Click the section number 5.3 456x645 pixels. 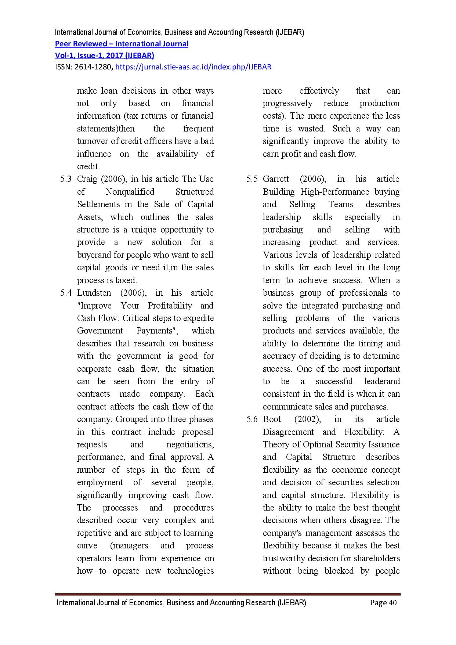pyautogui.click(x=66, y=179)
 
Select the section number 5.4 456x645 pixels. pyautogui.click(x=66, y=293)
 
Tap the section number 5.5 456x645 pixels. pyautogui.click(x=252, y=179)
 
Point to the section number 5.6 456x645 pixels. pyautogui.click(x=252, y=419)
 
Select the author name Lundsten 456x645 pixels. pyautogui.click(x=94, y=293)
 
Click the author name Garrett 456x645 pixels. pyautogui.click(x=276, y=179)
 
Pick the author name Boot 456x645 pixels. pyautogui.click(x=272, y=419)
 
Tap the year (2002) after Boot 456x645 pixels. pyautogui.click(x=308, y=419)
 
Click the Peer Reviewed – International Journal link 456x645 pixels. pyautogui.click(x=122, y=44)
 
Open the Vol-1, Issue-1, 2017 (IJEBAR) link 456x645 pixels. pyautogui.click(x=104, y=56)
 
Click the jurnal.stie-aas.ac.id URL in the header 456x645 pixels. pyautogui.click(x=193, y=67)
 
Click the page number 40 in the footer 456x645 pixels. pyautogui.click(x=392, y=603)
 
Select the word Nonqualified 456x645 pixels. pyautogui.click(x=130, y=192)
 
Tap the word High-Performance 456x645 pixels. pyautogui.click(x=335, y=192)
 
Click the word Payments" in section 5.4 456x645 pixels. pyautogui.click(x=157, y=331)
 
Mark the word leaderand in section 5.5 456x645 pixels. pyautogui.click(x=382, y=382)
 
